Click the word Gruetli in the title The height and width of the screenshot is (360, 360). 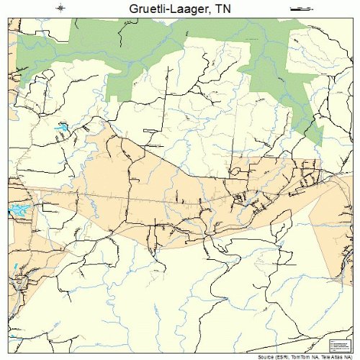pyautogui.click(x=150, y=9)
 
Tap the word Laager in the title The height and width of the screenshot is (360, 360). pyautogui.click(x=192, y=9)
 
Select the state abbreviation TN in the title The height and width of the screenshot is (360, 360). pyautogui.click(x=225, y=9)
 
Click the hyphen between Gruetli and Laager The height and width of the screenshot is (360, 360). pyautogui.click(x=170, y=9)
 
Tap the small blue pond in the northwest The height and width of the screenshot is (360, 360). pyautogui.click(x=62, y=127)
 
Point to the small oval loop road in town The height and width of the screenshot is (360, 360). pyautogui.click(x=235, y=171)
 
